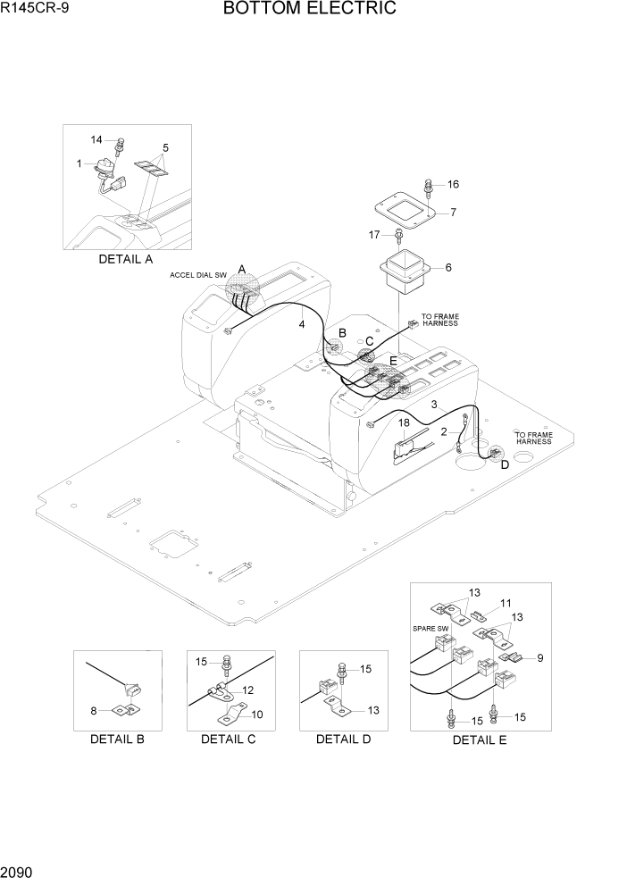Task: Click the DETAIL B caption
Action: pyautogui.click(x=117, y=739)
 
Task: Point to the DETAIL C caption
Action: pyautogui.click(x=228, y=739)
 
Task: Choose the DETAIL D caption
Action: pyautogui.click(x=343, y=739)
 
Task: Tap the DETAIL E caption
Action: pyautogui.click(x=479, y=740)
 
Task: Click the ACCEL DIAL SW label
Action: pyautogui.click(x=199, y=276)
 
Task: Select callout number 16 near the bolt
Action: pyautogui.click(x=453, y=184)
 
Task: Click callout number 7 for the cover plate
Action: pyautogui.click(x=453, y=213)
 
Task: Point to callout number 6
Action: pyautogui.click(x=447, y=267)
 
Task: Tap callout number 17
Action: pyautogui.click(x=375, y=235)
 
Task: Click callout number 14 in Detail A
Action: pyautogui.click(x=97, y=139)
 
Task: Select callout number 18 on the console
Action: pyautogui.click(x=404, y=422)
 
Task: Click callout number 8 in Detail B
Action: pyautogui.click(x=93, y=712)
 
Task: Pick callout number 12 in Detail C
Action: pyautogui.click(x=248, y=690)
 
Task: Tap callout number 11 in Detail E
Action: pyautogui.click(x=506, y=603)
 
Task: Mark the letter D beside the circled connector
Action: pyautogui.click(x=505, y=464)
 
